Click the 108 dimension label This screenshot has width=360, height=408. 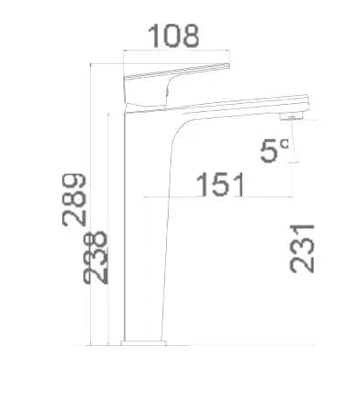pos(174,36)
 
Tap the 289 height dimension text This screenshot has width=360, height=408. pos(74,200)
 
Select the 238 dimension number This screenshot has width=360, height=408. pos(95,258)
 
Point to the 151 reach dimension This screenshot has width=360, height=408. pos(220,184)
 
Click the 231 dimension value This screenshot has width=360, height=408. pos(302,248)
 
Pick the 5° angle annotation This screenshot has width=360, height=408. pos(274,151)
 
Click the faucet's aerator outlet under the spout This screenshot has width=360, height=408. pos(292,117)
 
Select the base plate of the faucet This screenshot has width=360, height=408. pos(143,343)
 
